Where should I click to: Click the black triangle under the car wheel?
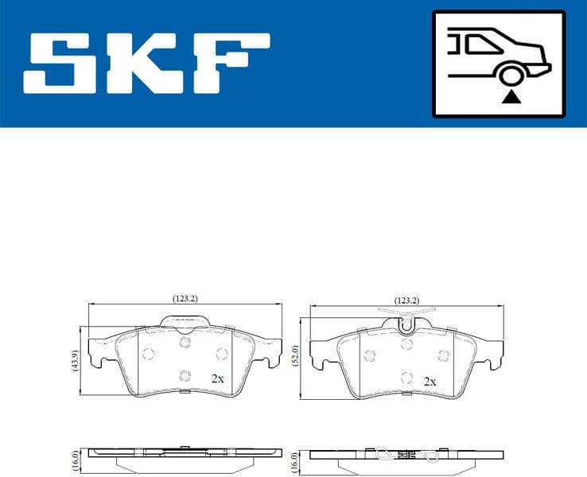tap(511, 98)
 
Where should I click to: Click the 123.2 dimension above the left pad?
tap(185, 298)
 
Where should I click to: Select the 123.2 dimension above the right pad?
tap(406, 301)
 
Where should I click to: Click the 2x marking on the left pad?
tap(217, 378)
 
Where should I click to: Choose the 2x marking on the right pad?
tap(430, 382)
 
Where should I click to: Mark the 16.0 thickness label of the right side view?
tap(296, 461)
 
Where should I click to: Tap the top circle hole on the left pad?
tap(185, 343)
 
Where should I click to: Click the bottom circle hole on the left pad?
tap(185, 376)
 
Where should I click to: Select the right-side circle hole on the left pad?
tap(221, 354)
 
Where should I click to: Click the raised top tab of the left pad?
tap(185, 320)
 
